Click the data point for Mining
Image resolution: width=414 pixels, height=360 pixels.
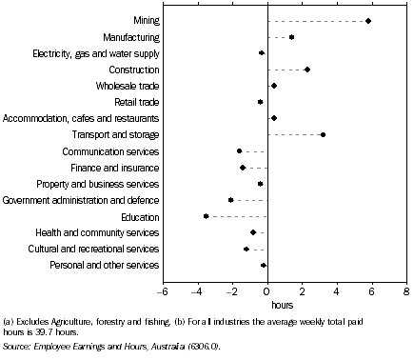368,21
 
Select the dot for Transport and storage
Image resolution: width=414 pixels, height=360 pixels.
323,134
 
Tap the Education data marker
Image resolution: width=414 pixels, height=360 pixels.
206,216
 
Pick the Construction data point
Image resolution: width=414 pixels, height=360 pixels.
306,70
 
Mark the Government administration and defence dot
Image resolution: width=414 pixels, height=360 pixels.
231,200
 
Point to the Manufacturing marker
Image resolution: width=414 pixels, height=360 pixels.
291,37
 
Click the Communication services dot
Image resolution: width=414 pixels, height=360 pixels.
240,151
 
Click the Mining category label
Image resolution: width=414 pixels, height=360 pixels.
147,21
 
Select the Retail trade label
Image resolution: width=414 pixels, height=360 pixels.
137,102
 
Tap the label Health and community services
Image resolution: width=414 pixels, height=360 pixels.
107,232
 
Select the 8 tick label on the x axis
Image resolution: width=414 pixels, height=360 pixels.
406,290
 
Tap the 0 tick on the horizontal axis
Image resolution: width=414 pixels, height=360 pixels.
267,290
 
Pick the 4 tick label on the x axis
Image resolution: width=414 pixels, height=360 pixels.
337,290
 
